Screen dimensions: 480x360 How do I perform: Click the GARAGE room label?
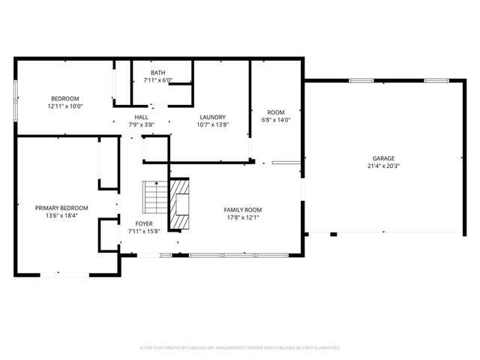tap(383, 158)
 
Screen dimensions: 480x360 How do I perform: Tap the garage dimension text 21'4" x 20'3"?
tap(383, 166)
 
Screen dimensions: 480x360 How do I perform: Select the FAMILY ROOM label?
tap(243, 210)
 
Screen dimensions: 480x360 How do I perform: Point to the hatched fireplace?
tap(180, 203)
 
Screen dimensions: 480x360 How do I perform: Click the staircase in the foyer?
tap(156, 197)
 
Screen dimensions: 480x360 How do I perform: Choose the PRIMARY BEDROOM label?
tap(61, 208)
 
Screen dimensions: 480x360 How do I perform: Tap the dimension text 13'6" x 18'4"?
tap(61, 215)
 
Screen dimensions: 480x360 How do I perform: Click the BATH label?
tap(158, 73)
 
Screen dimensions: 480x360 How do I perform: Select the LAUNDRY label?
tap(213, 117)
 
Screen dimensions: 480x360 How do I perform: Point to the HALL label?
tap(142, 117)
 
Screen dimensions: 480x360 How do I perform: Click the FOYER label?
tap(144, 223)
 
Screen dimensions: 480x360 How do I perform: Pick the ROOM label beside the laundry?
tap(276, 112)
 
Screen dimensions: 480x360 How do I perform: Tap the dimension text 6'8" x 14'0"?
tap(276, 120)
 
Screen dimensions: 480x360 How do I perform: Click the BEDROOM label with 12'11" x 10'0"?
tap(65, 98)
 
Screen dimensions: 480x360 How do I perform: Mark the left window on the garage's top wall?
tap(361, 81)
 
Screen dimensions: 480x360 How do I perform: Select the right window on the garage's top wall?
tap(436, 81)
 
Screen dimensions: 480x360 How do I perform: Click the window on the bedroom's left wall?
tap(15, 100)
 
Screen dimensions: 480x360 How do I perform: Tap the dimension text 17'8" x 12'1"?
tap(243, 217)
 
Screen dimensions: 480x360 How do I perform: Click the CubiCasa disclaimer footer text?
tap(240, 348)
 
